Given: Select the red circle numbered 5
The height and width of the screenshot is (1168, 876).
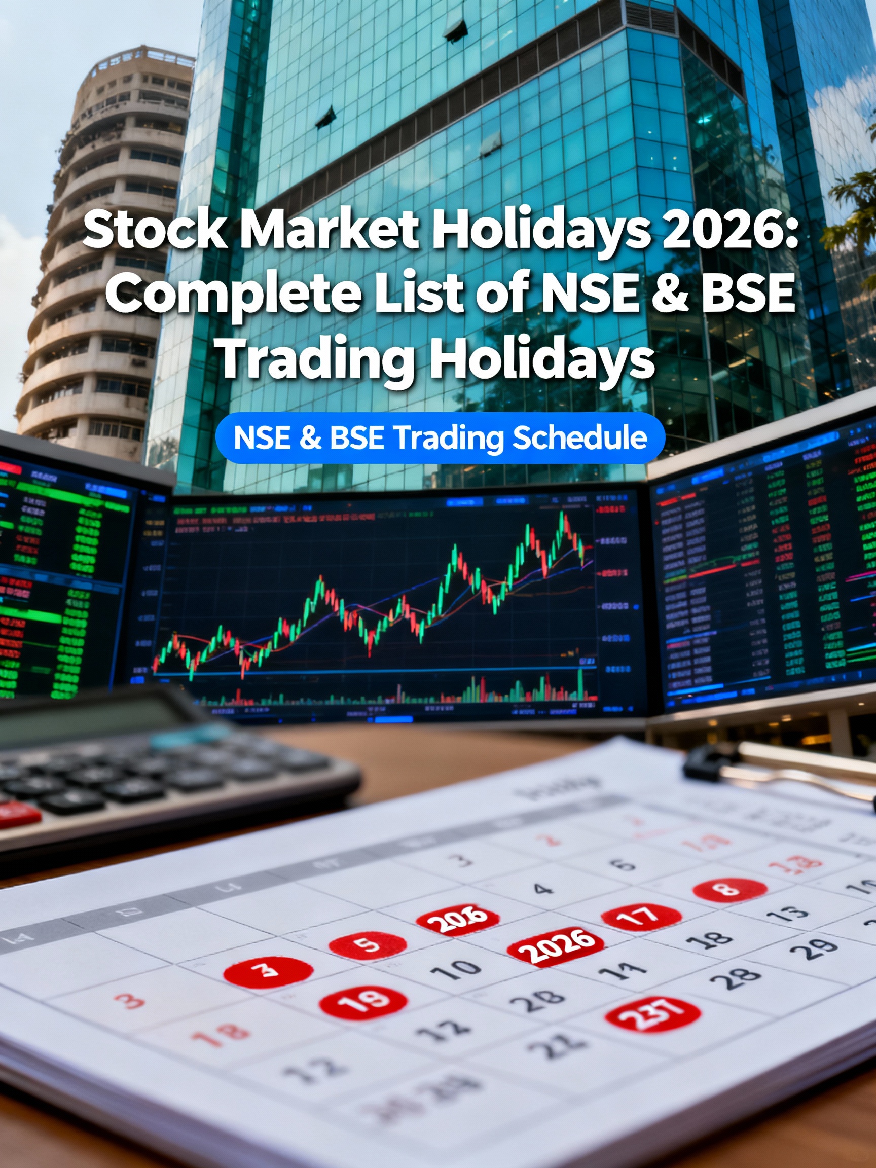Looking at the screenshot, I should coord(368,944).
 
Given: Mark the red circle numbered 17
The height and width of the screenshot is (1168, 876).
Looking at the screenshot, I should coord(640,917).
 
